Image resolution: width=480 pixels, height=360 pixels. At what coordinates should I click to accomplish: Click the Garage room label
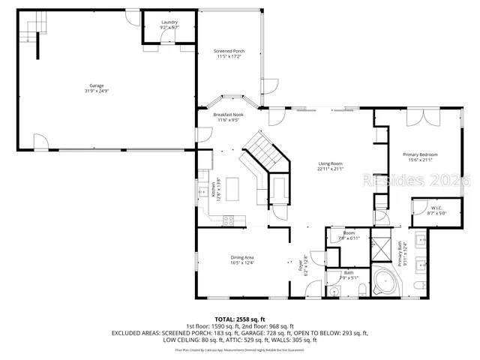click(97, 85)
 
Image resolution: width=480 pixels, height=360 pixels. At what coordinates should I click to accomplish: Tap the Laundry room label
click(169, 22)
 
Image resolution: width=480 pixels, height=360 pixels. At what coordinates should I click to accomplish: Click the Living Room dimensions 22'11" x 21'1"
click(330, 169)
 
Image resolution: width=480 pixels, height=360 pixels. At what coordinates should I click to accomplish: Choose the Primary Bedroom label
click(422, 154)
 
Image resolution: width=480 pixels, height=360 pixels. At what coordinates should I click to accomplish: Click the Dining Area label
click(242, 257)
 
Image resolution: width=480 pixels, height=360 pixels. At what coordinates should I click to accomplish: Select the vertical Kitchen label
click(213, 187)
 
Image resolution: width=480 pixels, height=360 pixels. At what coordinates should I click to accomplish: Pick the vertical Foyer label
click(304, 265)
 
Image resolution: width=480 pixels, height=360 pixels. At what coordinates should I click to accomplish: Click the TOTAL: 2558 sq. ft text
click(239, 318)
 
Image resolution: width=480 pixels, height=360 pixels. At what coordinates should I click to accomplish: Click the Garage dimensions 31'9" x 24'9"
click(97, 91)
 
